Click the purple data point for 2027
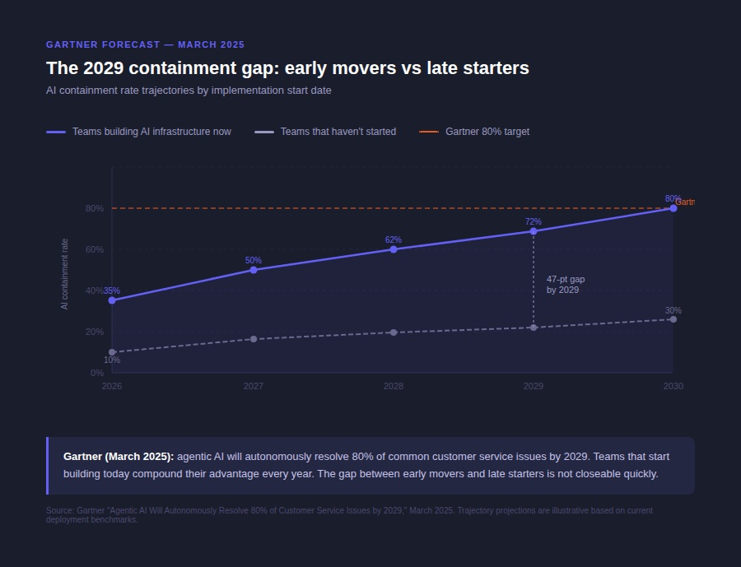(x=253, y=270)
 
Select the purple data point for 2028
(x=394, y=249)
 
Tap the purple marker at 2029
(x=534, y=231)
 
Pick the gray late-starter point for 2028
(x=394, y=332)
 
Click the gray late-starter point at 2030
(x=673, y=319)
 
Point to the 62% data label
(x=394, y=240)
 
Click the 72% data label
(x=534, y=221)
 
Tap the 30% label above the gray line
(x=673, y=310)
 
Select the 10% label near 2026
(x=112, y=360)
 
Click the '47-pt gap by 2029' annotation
(x=566, y=285)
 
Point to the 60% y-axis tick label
(x=94, y=249)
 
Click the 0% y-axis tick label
(x=97, y=373)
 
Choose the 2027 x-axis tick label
(x=253, y=386)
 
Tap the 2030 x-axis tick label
(x=673, y=386)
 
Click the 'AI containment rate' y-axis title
(x=65, y=274)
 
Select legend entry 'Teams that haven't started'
(x=338, y=132)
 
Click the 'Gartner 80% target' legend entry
(x=487, y=132)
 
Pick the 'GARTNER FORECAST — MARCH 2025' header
(x=145, y=44)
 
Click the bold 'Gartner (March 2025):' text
(x=119, y=456)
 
